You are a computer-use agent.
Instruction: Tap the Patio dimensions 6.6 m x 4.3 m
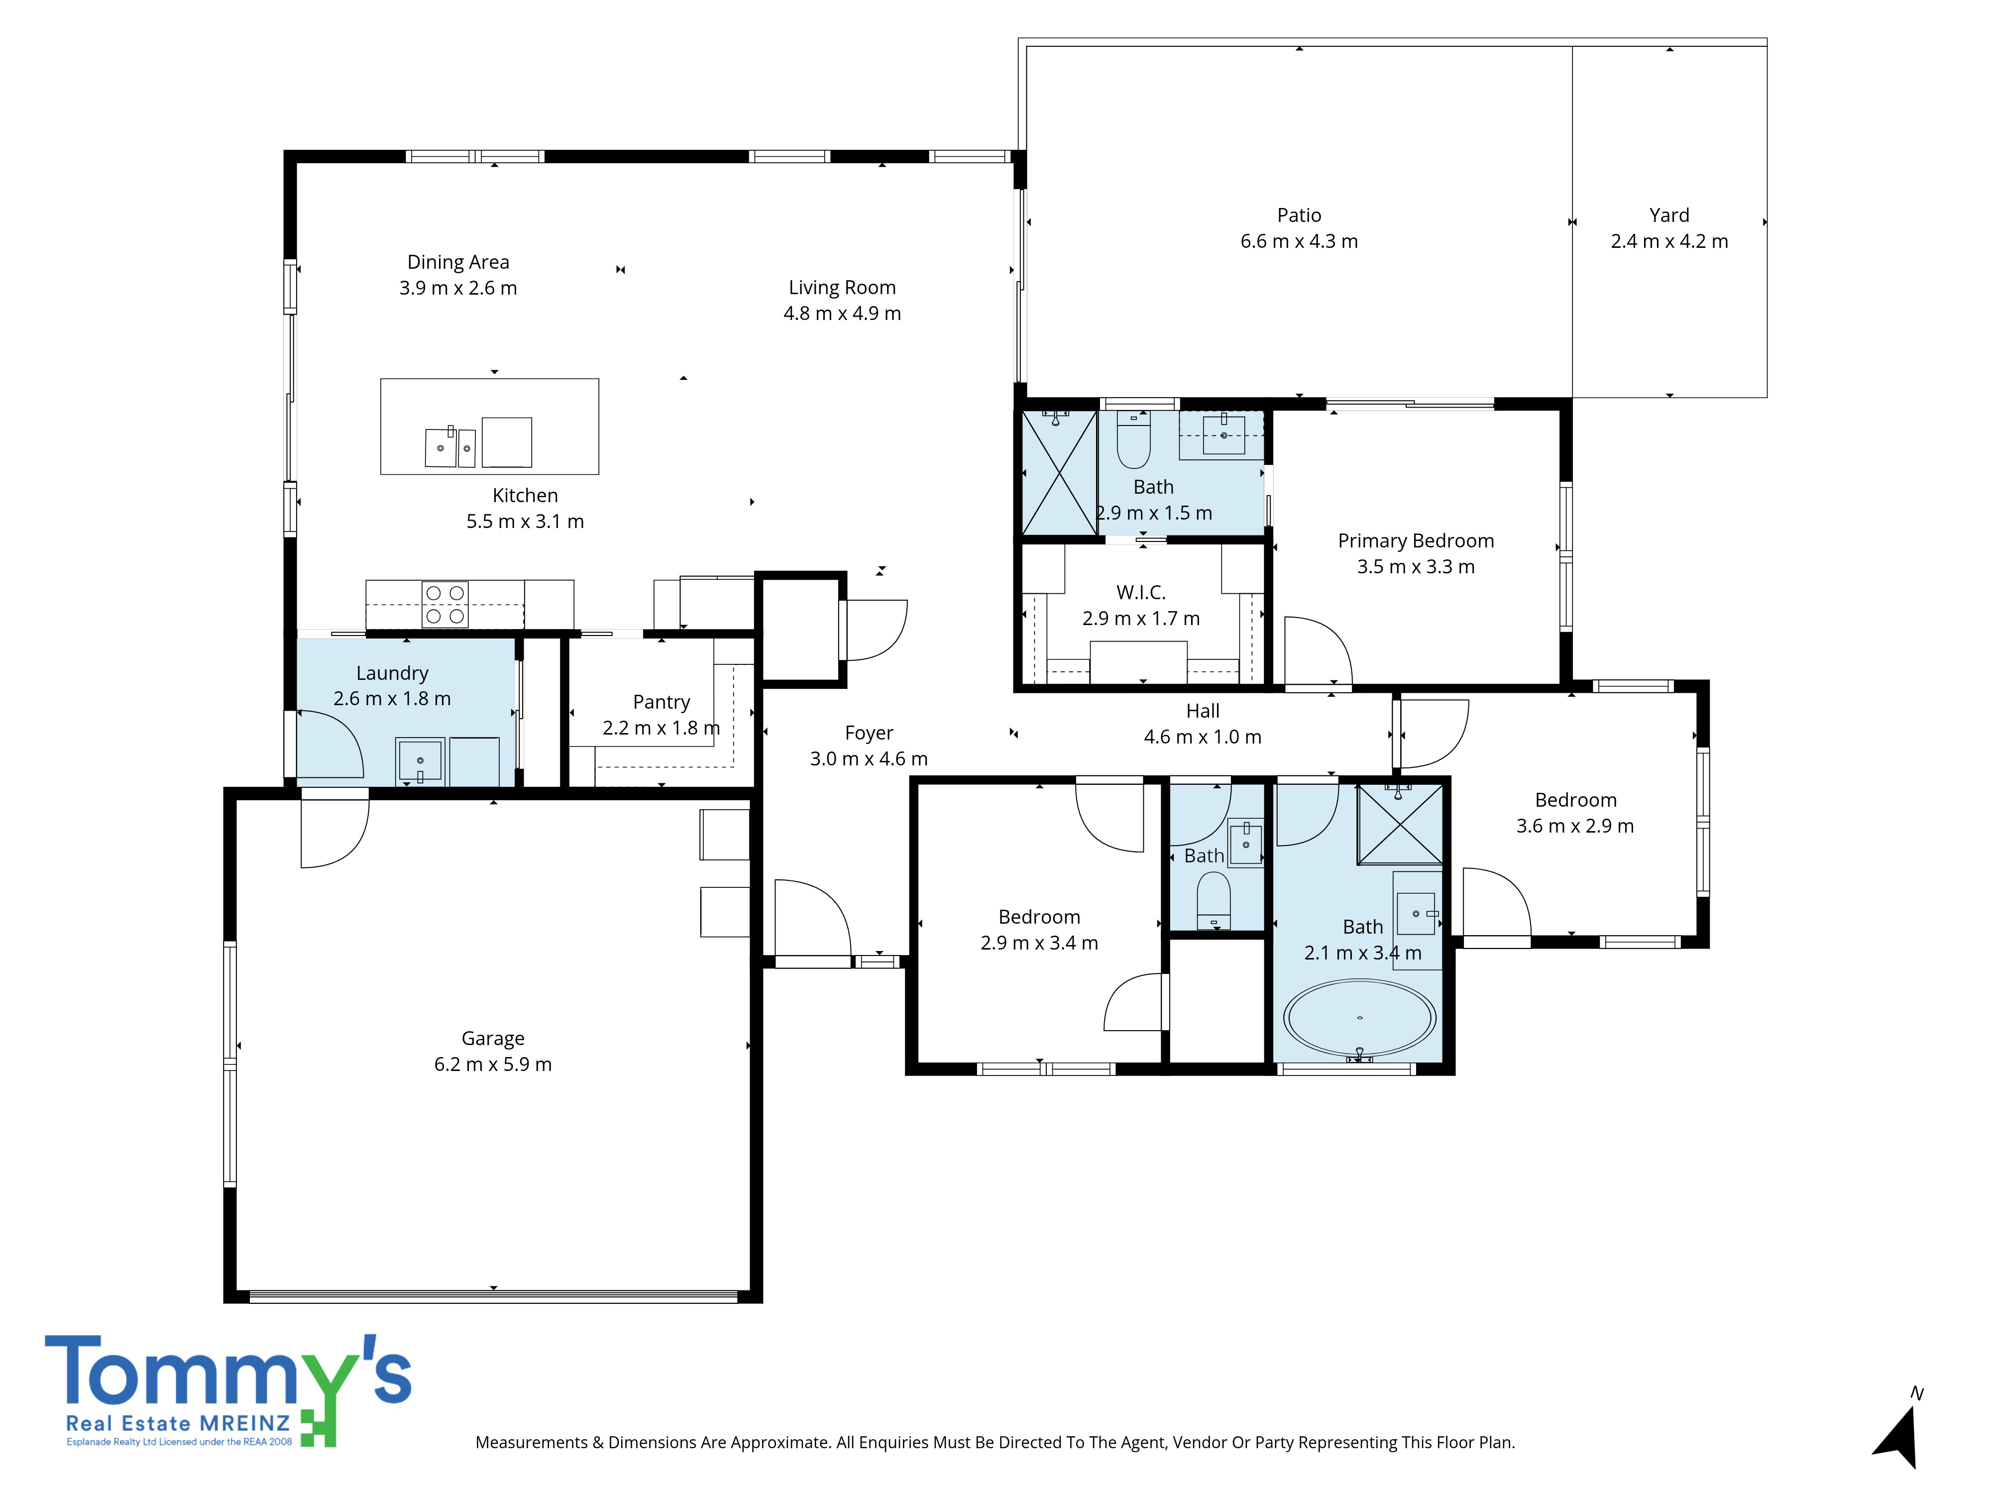click(x=1299, y=241)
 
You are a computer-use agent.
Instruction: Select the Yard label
click(x=1669, y=215)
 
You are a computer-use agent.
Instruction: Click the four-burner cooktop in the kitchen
click(x=444, y=604)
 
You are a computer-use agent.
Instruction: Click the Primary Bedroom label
click(x=1416, y=541)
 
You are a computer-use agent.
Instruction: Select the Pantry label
click(x=662, y=702)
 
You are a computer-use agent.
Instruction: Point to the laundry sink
click(x=420, y=760)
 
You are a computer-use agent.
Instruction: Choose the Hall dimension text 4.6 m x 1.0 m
click(x=1203, y=737)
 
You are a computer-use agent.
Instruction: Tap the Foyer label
click(x=869, y=733)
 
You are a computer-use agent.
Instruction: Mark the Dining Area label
click(x=458, y=262)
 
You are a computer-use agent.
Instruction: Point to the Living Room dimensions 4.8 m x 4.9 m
click(x=842, y=313)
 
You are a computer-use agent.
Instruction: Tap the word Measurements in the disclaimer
click(x=531, y=1443)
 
